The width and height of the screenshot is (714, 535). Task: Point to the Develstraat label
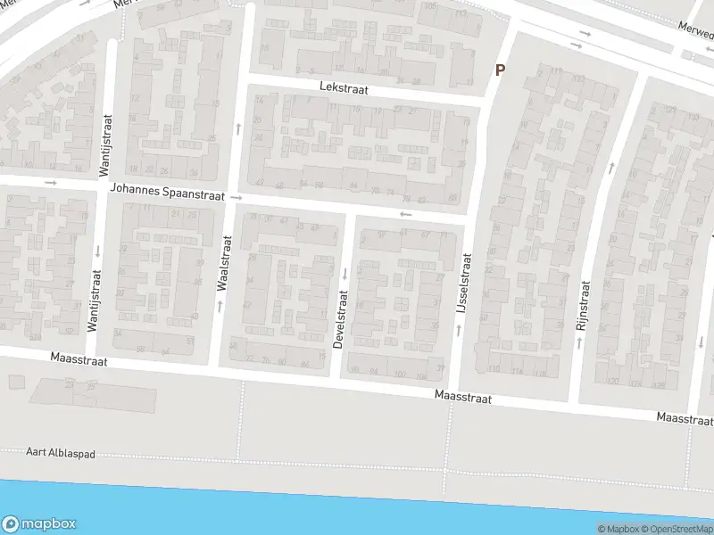[339, 318]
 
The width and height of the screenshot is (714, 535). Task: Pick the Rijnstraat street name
[584, 307]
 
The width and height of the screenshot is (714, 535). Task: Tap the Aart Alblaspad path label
[61, 454]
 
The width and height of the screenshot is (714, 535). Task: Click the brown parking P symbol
[500, 70]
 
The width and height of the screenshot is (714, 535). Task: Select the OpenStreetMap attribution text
[679, 529]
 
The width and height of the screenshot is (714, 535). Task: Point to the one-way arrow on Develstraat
[345, 273]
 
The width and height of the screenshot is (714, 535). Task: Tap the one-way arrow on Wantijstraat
[96, 250]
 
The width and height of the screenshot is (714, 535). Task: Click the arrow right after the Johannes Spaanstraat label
[236, 196]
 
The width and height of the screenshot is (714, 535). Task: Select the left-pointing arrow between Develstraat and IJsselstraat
[406, 214]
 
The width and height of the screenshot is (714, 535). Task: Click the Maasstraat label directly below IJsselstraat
[463, 398]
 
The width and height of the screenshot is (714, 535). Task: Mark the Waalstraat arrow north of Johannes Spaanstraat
[238, 128]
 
